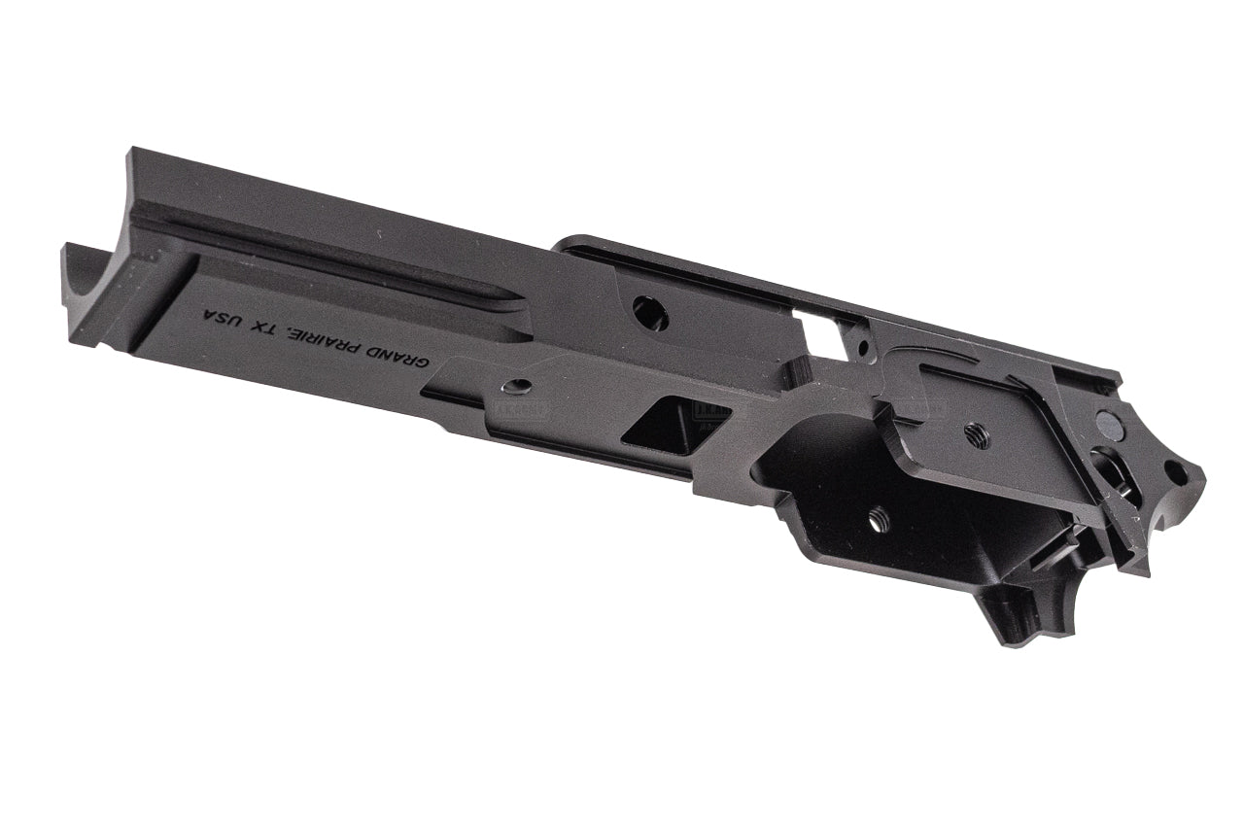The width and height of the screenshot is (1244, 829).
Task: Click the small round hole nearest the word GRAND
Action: pos(521,386)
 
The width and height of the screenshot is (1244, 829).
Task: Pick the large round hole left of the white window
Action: pos(650,312)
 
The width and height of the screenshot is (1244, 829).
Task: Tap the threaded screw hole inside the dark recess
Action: pos(879,522)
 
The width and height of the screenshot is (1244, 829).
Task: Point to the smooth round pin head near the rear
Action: pos(1107,422)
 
